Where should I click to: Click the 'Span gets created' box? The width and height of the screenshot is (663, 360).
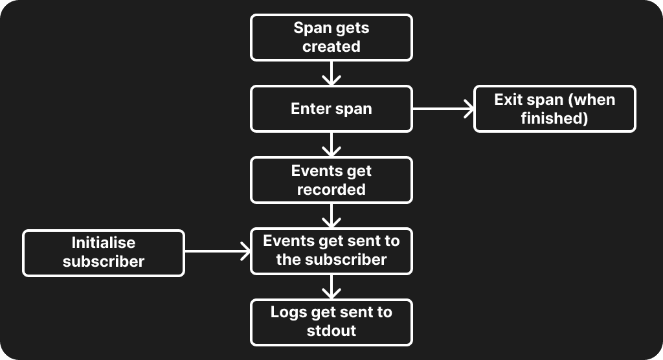click(331, 38)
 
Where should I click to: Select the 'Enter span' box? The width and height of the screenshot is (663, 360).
click(331, 109)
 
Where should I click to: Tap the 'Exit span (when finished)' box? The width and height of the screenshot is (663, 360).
click(554, 109)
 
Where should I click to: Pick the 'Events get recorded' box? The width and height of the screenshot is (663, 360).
click(331, 180)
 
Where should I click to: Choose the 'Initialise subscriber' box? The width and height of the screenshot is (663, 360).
click(104, 252)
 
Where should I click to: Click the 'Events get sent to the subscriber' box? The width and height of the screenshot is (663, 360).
click(331, 251)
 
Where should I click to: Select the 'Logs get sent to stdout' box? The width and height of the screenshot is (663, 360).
click(331, 322)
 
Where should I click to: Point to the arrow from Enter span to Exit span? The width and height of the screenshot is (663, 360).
click(443, 109)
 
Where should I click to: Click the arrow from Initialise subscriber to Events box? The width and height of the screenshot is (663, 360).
click(218, 252)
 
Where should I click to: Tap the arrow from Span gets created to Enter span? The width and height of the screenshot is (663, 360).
click(331, 73)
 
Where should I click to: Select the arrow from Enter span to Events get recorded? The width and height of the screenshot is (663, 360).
click(331, 144)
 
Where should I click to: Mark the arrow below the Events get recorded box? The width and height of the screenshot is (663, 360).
click(331, 216)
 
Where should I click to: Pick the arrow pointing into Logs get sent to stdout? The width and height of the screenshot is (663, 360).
click(331, 286)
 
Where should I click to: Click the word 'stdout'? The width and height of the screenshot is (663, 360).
click(331, 331)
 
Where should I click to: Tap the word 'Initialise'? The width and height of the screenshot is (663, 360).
click(104, 242)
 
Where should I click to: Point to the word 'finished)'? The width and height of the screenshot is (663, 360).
click(554, 118)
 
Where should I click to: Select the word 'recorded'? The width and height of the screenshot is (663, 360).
click(331, 190)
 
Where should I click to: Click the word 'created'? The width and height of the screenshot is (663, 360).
click(331, 47)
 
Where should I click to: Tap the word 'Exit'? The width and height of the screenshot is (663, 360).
click(509, 100)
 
